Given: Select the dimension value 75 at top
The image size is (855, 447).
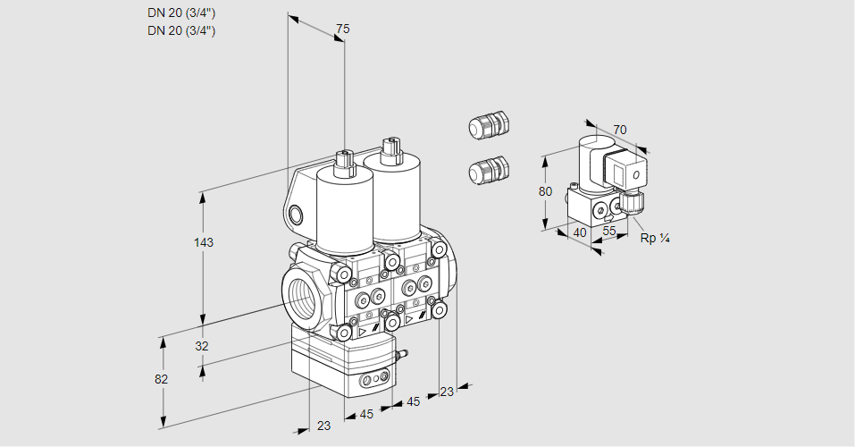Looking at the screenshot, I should [341, 30].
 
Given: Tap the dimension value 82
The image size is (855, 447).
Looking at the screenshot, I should [162, 379].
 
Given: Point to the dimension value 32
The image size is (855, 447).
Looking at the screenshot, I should [202, 346].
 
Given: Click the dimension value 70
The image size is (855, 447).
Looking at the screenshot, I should [620, 131].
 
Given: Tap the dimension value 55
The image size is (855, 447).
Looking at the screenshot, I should [610, 231].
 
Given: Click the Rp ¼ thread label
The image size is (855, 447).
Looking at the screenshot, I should [655, 238].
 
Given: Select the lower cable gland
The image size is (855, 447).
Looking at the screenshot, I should [488, 169].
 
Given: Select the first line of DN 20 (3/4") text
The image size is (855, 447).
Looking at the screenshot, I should [181, 13].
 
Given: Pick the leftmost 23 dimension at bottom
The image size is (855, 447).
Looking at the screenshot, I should [323, 426].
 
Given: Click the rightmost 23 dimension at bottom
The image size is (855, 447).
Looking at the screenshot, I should [446, 391].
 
